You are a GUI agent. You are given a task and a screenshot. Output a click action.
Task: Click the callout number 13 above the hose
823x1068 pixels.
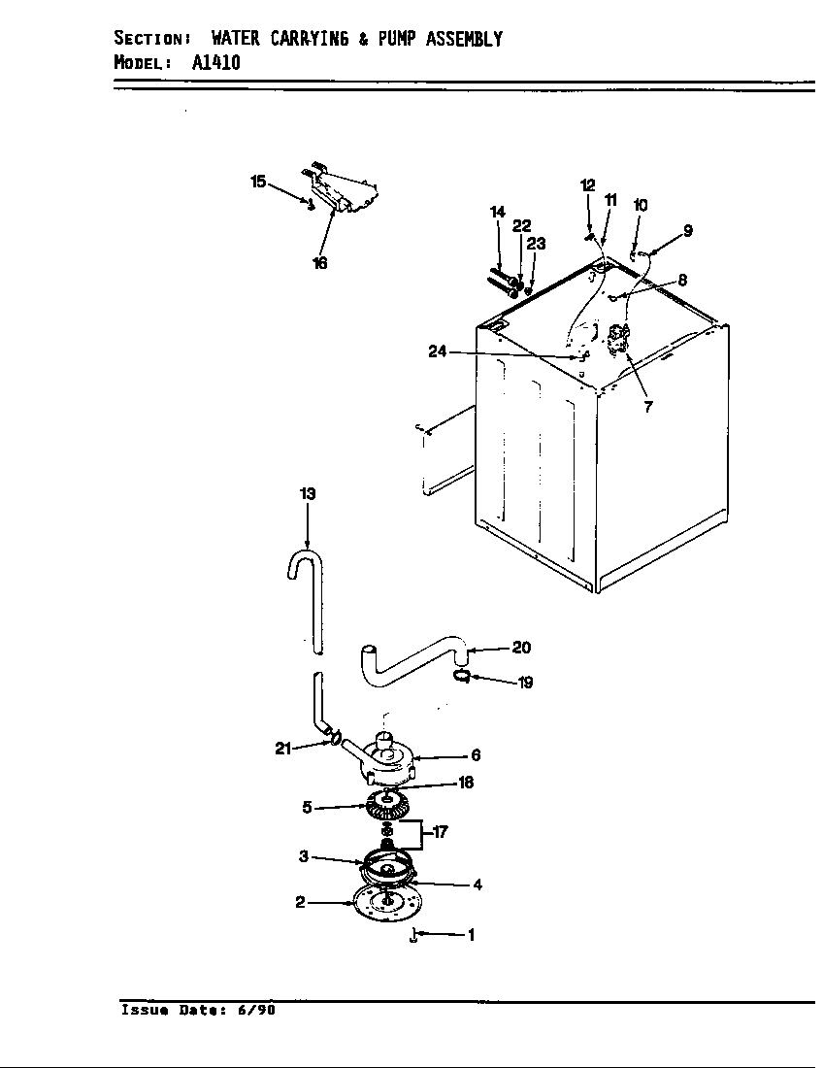coord(307,494)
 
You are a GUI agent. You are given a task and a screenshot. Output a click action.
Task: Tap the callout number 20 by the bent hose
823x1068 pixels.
coord(521,648)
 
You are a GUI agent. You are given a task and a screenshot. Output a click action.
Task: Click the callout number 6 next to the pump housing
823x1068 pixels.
coord(476,755)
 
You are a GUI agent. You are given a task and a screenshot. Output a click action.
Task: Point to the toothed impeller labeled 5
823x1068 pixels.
coord(388,805)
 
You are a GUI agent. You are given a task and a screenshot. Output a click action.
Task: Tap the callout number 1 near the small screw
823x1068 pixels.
coord(471,936)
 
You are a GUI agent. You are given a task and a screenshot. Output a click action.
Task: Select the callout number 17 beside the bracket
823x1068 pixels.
coord(439,832)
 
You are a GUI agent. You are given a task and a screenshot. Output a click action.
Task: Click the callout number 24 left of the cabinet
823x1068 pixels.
coord(438,351)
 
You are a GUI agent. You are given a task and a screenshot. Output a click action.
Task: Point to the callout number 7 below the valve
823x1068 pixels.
coord(648,407)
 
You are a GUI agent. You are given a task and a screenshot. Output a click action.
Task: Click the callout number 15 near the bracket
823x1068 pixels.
coord(258,182)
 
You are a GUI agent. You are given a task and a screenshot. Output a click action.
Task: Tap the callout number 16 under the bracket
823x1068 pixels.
coord(320,263)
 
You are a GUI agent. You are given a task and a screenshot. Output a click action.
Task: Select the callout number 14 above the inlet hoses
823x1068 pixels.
coord(498,212)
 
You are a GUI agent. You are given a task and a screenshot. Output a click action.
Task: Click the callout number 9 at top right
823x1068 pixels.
coord(687,231)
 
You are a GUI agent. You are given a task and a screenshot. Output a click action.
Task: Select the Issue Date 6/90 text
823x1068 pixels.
coord(198,1010)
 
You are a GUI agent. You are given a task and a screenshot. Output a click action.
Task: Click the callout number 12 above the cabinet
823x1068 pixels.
coord(588,185)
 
